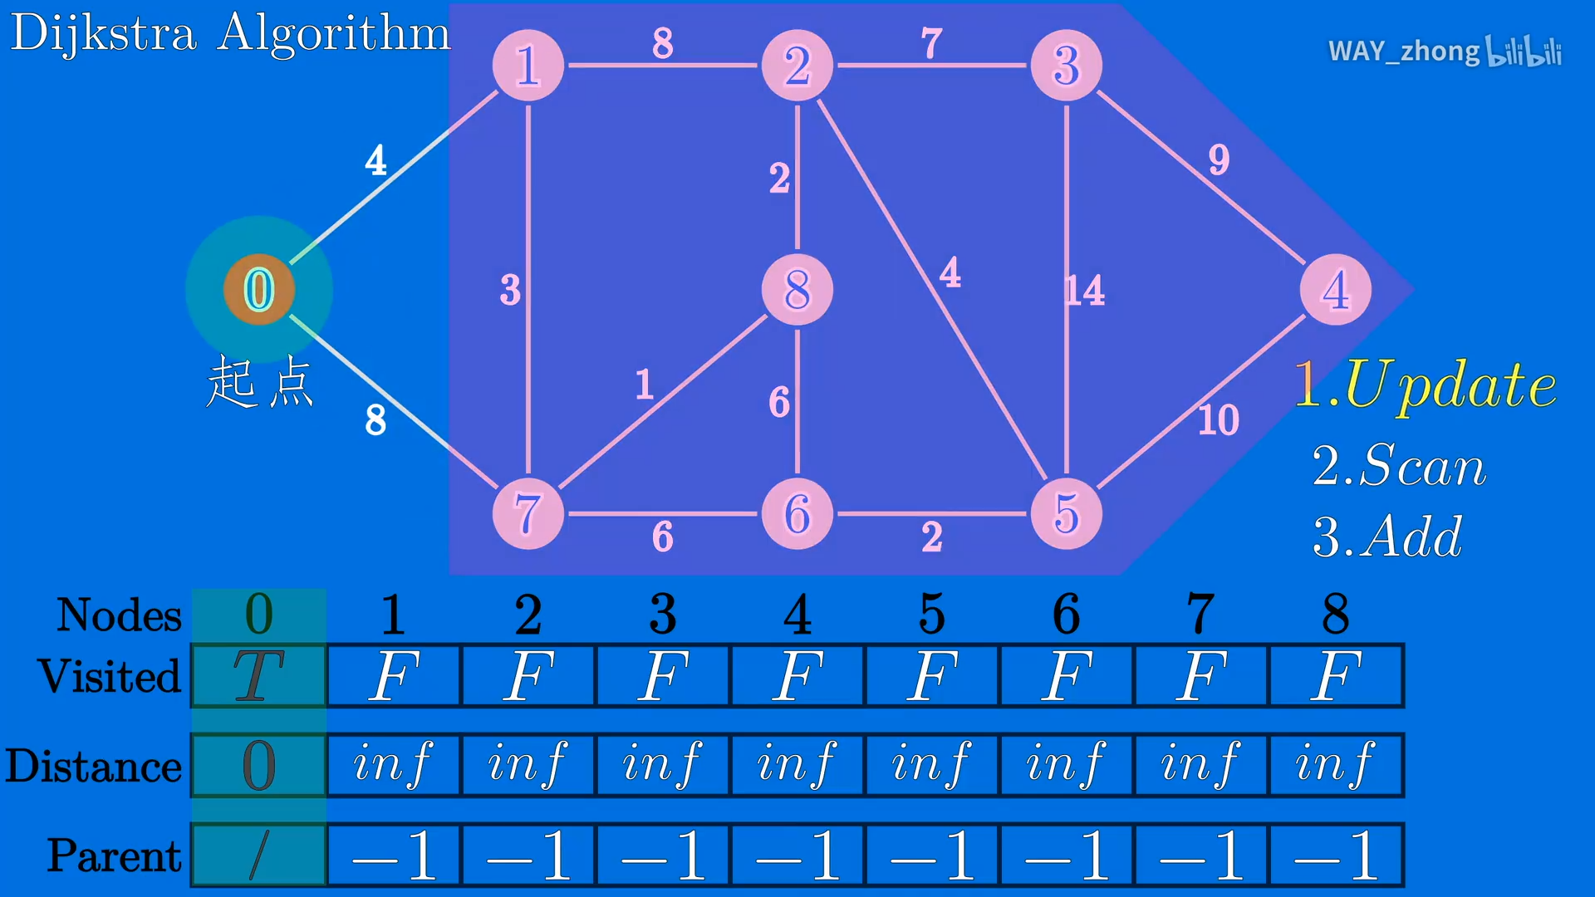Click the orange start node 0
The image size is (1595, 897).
click(x=258, y=290)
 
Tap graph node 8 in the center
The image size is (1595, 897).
click(x=797, y=290)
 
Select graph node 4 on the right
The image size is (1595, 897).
click(x=1335, y=290)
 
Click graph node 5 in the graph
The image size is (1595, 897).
click(x=1066, y=514)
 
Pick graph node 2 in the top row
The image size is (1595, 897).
click(x=797, y=66)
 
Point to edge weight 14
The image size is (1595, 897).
click(x=1085, y=291)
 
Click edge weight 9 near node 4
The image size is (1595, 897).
click(x=1219, y=159)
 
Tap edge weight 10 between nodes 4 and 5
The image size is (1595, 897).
click(x=1218, y=420)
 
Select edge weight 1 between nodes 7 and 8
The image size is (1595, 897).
click(x=644, y=385)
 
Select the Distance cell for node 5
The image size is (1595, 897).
click(x=931, y=764)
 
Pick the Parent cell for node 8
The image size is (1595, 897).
click(x=1336, y=855)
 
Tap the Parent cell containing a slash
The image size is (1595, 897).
click(x=258, y=855)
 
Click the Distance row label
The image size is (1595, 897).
click(x=94, y=766)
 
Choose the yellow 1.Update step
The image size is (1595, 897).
click(x=1425, y=385)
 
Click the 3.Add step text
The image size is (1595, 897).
click(x=1386, y=537)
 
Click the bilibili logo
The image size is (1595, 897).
click(x=1524, y=51)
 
